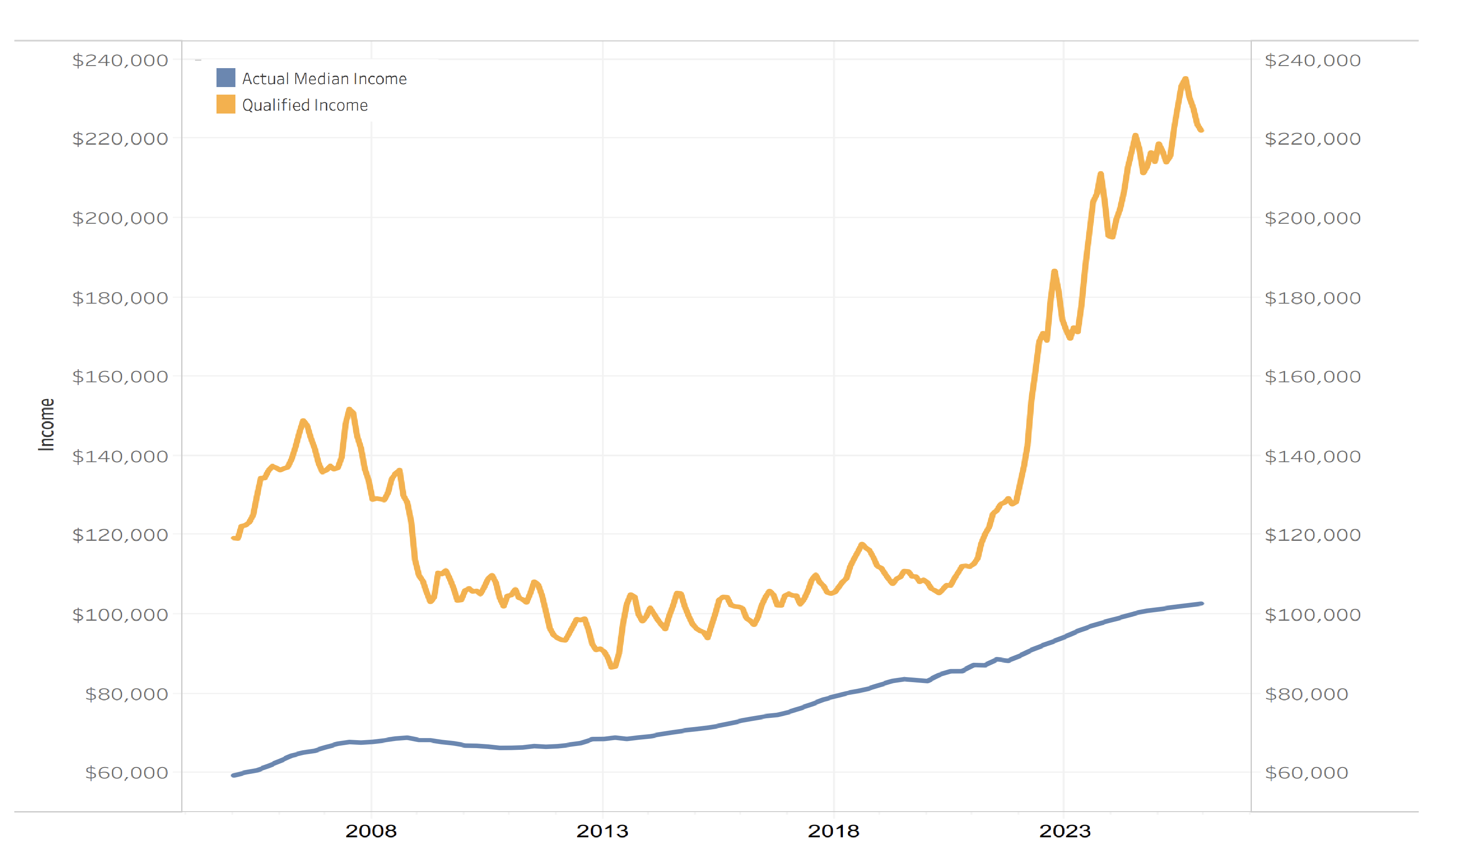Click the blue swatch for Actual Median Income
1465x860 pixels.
226,77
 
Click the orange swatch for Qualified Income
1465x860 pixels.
226,104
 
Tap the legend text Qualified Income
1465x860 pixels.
305,105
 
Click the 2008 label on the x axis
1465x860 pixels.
371,831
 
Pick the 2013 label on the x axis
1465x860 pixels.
602,831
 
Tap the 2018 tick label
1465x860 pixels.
833,831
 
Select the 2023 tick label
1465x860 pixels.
1064,831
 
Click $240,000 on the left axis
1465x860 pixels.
120,61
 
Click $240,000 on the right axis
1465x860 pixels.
1313,61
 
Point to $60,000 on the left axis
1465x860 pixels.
126,773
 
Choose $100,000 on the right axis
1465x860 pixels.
1313,615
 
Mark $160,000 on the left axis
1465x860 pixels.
120,377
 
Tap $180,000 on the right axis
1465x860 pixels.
1313,298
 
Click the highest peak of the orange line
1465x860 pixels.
1185,79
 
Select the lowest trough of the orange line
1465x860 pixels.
612,667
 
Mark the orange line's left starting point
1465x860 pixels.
233,538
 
